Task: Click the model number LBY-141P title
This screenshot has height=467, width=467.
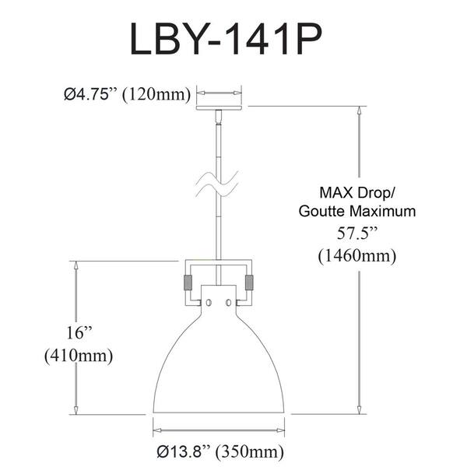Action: click(226, 39)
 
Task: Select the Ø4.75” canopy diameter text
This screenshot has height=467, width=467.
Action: click(90, 95)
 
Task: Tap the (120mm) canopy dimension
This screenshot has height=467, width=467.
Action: click(156, 95)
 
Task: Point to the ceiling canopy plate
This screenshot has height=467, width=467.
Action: click(219, 107)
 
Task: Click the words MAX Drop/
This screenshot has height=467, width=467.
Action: click(356, 192)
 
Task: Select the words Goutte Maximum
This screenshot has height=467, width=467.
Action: click(357, 211)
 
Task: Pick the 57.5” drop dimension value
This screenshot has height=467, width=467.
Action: click(357, 233)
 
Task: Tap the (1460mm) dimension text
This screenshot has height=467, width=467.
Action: click(357, 256)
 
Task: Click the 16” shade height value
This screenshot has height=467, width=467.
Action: click(78, 332)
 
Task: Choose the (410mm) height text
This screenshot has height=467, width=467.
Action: click(79, 356)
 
